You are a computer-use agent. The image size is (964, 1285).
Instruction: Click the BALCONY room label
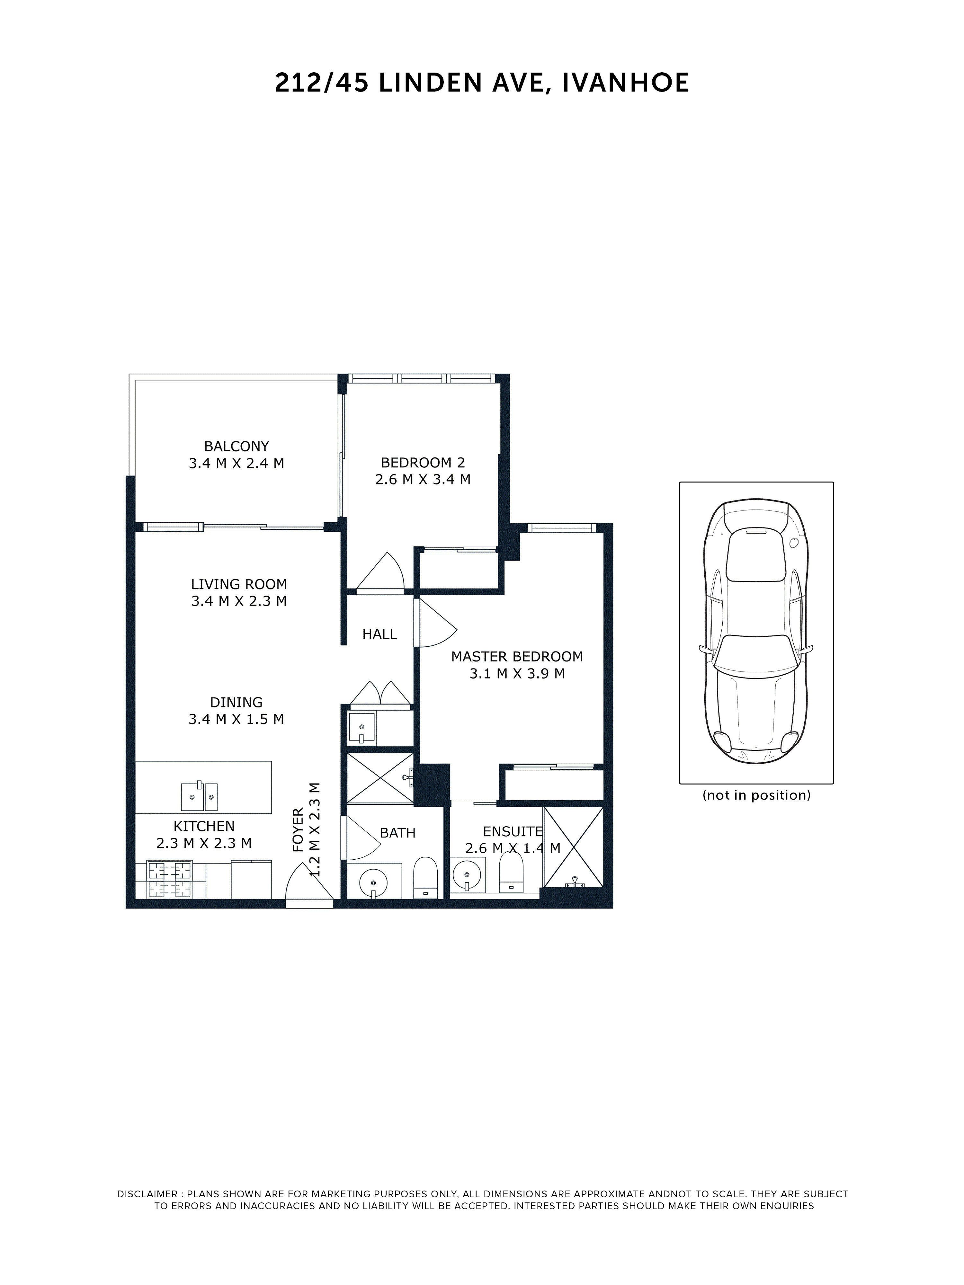click(x=236, y=446)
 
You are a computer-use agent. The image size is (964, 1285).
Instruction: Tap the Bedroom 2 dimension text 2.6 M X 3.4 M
click(x=423, y=479)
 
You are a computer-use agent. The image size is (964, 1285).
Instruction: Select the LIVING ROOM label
click(x=239, y=584)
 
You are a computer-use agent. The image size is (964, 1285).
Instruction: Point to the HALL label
click(x=379, y=634)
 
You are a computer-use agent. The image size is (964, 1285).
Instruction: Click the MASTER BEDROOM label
click(x=517, y=656)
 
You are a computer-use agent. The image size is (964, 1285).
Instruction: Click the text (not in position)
click(x=756, y=795)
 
